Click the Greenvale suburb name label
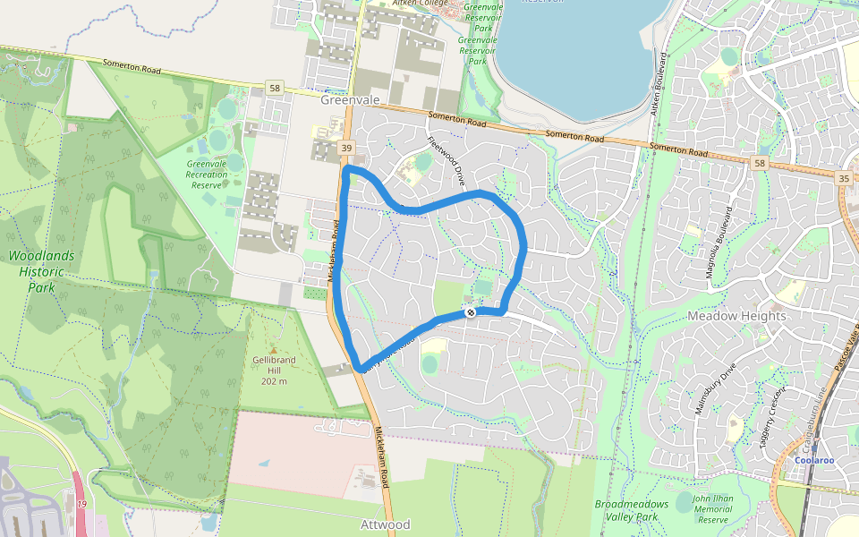pos(350,100)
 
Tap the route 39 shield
pos(345,147)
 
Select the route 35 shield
pos(844,179)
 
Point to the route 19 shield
pos(81,506)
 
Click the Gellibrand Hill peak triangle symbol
pos(274,349)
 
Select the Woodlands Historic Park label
pos(42,272)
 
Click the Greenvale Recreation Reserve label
pos(207,174)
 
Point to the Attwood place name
pos(385,524)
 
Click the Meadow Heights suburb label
pos(736,316)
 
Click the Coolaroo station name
pos(814,461)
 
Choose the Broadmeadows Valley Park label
pos(632,510)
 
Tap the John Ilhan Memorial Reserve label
pos(713,508)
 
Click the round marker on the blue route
pos(469,312)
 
